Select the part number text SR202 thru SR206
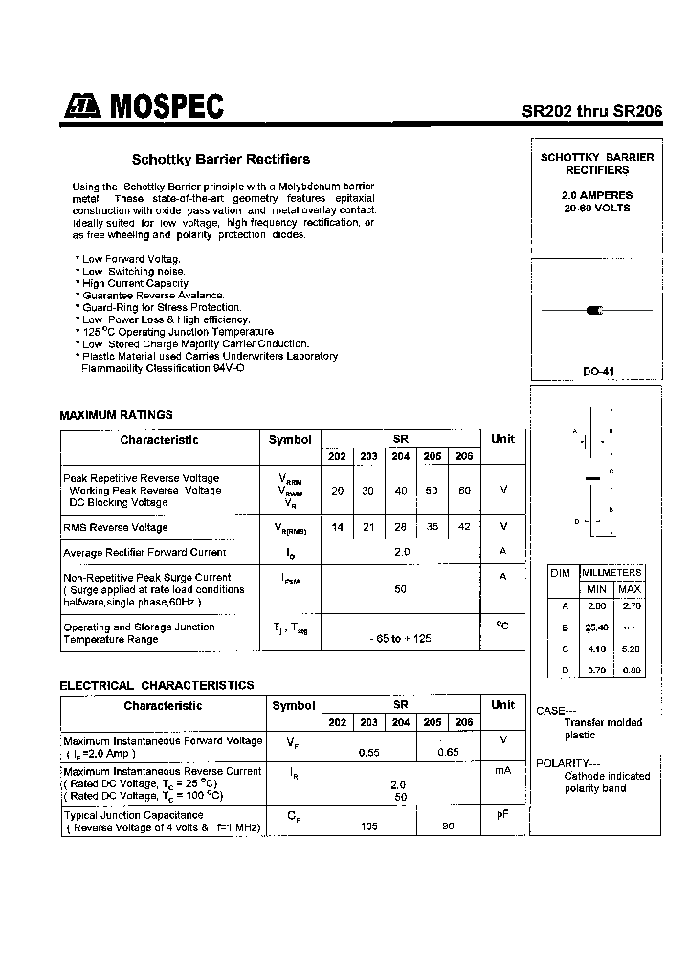click(x=591, y=110)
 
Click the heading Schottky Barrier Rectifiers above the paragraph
click(x=220, y=160)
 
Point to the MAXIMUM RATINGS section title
click(x=116, y=415)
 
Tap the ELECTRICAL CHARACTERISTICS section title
click(x=157, y=685)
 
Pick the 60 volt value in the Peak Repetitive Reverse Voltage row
click(x=464, y=490)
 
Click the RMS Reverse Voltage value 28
click(x=400, y=527)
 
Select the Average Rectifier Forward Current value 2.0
click(x=401, y=552)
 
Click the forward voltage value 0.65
click(x=448, y=753)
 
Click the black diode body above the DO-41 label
click(x=593, y=310)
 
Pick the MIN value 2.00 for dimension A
click(x=596, y=605)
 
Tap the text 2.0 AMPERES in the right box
click(x=596, y=195)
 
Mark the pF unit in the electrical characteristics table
click(x=502, y=815)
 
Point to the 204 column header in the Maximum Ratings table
click(x=400, y=456)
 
